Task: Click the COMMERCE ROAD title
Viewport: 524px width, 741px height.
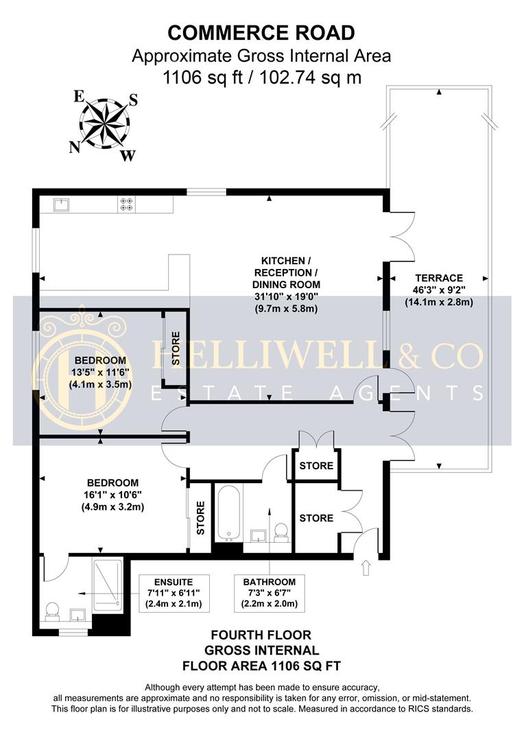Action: [261, 32]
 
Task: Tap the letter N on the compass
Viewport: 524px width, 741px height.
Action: [73, 146]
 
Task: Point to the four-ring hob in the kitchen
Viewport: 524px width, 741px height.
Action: [128, 204]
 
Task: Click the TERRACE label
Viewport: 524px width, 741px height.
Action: [437, 278]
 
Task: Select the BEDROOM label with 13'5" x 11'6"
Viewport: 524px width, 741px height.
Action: [100, 360]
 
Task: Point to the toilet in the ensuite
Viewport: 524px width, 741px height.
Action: [52, 611]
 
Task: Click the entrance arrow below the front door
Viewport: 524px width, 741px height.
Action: [365, 567]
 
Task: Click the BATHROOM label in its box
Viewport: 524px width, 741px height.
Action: [268, 580]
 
